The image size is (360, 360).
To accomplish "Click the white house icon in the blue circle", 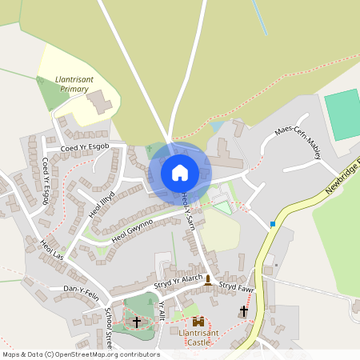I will coord(180,172).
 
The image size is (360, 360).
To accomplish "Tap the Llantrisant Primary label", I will coord(78,84).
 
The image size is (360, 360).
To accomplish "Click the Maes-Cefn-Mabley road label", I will coord(298,141).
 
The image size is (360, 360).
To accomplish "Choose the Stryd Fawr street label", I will coord(237,285).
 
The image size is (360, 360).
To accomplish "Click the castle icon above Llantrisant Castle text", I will coord(198,322).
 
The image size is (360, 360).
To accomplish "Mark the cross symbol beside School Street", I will coord(137,322).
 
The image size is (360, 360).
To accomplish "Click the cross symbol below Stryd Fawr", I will coord(244,310).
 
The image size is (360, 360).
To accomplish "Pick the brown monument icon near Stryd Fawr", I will coord(209,280).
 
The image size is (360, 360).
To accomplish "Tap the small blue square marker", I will coord(273,223).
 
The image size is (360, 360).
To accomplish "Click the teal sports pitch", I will coord(342,114).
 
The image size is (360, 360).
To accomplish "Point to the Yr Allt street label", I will coord(162,311).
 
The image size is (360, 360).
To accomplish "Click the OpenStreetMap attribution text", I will coord(80,354).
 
